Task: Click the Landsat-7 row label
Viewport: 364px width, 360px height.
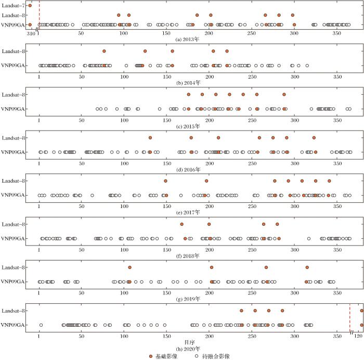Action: click(x=12, y=5)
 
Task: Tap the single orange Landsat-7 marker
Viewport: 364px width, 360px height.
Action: click(x=30, y=5)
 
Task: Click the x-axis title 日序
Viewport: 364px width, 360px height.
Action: click(x=189, y=342)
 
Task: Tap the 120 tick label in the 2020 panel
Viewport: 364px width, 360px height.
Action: click(x=359, y=336)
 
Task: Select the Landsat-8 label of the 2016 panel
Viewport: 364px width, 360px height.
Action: click(x=12, y=138)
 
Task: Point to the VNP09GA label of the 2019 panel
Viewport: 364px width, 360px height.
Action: click(x=12, y=282)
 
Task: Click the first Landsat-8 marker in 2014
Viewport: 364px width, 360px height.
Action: click(x=104, y=51)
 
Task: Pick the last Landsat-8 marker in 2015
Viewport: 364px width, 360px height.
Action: click(x=284, y=94)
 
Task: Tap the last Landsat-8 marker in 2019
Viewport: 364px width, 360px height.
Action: click(x=307, y=267)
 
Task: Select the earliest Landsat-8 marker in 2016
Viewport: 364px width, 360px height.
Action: click(x=150, y=137)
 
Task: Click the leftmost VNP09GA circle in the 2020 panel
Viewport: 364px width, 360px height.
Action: click(x=41, y=325)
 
